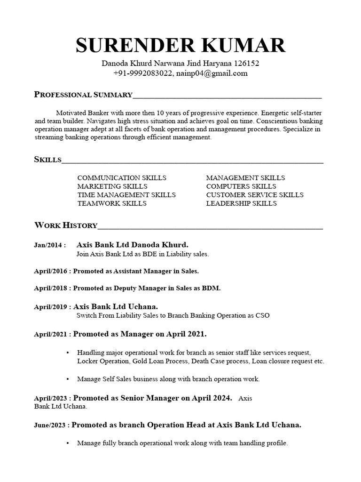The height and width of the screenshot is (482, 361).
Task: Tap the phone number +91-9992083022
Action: (143, 73)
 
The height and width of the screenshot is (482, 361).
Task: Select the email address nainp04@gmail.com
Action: (212, 73)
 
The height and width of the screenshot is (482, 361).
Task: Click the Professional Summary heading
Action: (83, 95)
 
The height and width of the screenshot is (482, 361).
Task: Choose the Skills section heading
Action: (47, 160)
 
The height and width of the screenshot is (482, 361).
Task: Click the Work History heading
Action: (66, 225)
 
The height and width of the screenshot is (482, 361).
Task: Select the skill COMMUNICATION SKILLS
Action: (122, 178)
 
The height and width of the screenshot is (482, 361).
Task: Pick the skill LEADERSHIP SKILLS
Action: (241, 203)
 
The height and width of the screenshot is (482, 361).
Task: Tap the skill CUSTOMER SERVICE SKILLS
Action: (255, 195)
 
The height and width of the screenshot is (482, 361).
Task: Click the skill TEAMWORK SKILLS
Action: (112, 203)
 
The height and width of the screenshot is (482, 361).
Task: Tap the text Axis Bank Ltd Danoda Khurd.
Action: (132, 245)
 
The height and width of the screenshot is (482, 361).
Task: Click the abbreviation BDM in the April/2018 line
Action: (212, 288)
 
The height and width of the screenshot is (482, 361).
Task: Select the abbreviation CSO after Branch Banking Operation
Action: (263, 315)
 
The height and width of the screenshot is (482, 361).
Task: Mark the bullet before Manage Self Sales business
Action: (68, 378)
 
